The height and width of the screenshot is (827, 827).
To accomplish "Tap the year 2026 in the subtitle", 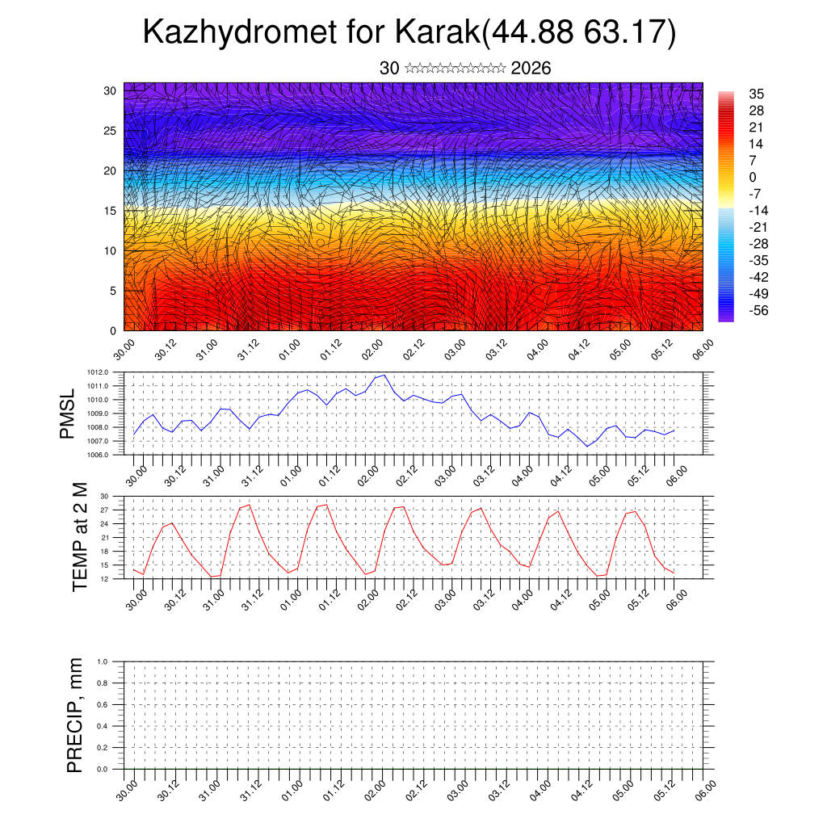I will (x=531, y=69).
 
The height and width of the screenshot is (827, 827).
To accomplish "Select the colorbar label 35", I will (x=757, y=94).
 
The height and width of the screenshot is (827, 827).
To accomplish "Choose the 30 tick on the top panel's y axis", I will (x=111, y=90).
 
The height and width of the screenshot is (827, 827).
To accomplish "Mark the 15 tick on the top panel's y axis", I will (x=111, y=211).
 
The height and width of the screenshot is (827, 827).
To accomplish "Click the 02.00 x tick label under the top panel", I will (x=372, y=351).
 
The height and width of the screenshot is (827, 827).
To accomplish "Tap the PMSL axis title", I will (x=67, y=413).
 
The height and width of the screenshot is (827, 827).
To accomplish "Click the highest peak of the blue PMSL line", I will (x=384, y=375).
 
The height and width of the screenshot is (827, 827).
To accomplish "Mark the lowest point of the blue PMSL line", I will (x=587, y=446).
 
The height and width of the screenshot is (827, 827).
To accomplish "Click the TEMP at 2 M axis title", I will (x=79, y=536).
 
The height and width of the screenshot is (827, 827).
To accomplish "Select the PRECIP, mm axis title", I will (x=76, y=715).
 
